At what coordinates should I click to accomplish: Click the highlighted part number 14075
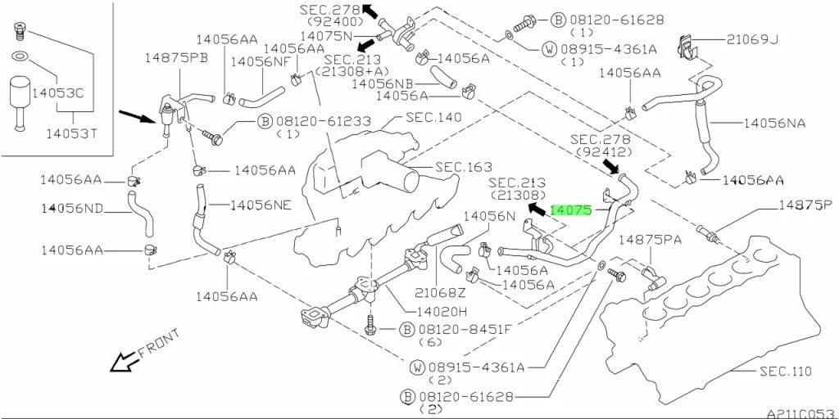tap(571, 210)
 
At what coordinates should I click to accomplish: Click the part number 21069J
tap(755, 39)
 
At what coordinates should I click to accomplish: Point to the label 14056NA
tap(774, 124)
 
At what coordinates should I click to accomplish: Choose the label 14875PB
tap(176, 57)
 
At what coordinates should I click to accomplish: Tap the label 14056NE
tap(261, 205)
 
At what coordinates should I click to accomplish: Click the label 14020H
tap(438, 311)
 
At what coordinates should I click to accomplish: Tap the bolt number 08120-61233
tap(324, 121)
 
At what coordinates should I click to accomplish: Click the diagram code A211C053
tap(801, 413)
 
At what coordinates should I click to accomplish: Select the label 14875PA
tap(650, 240)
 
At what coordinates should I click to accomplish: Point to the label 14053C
tap(58, 93)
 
